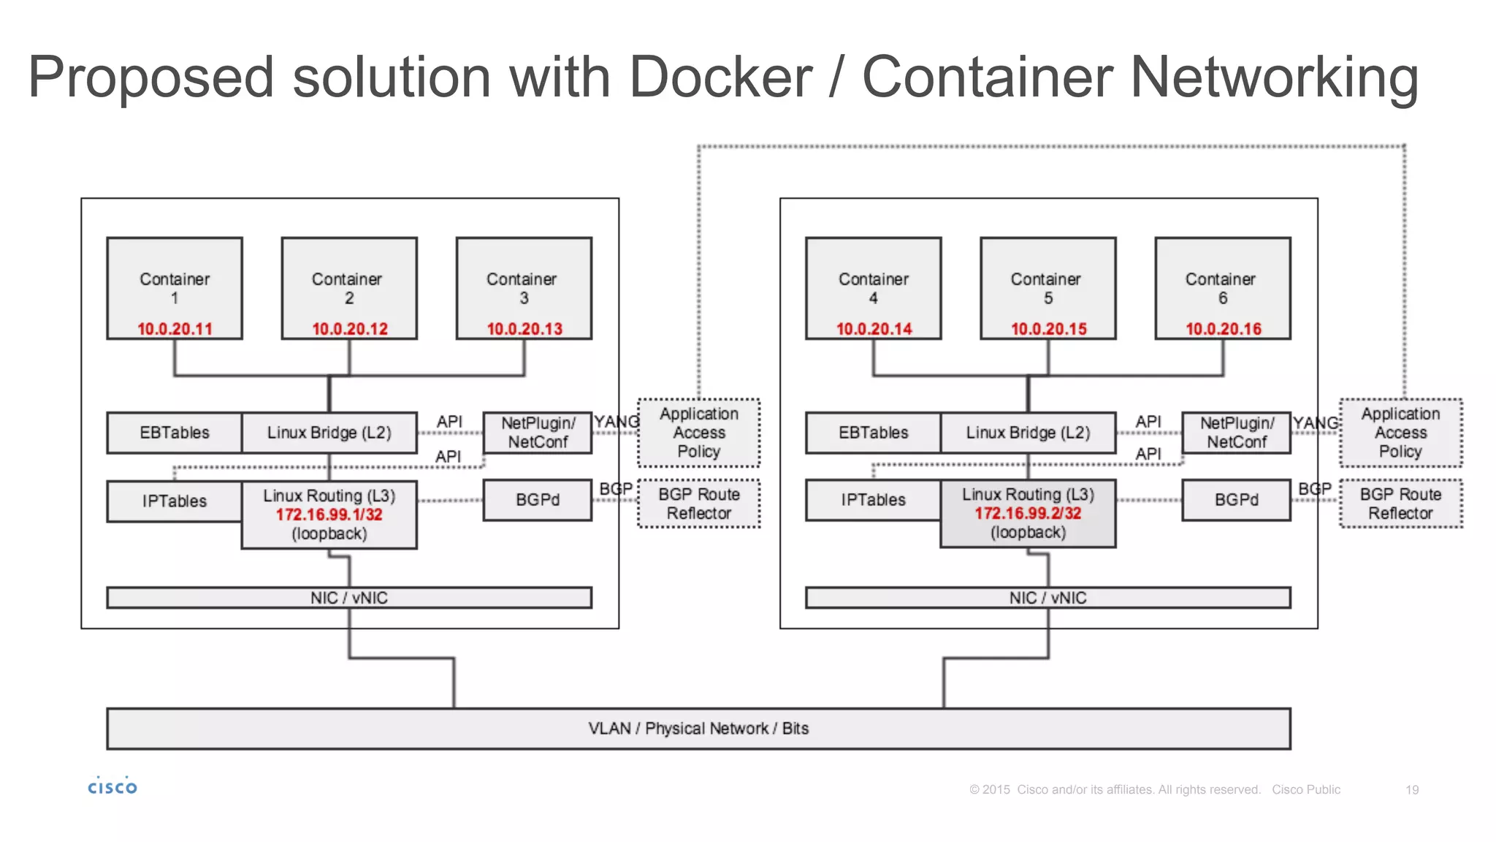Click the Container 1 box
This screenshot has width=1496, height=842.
[x=174, y=288]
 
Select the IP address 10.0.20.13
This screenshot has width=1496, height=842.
[x=524, y=329]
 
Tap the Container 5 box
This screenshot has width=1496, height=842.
[x=1047, y=288]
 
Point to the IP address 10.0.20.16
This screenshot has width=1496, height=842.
[x=1223, y=329]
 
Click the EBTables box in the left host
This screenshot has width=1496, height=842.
[x=174, y=433]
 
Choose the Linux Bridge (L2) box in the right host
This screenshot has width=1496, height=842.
[x=1028, y=433]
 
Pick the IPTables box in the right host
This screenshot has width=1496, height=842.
[x=873, y=500]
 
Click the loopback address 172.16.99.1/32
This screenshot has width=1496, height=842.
[x=329, y=515]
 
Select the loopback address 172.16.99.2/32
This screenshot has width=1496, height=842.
[x=1028, y=513]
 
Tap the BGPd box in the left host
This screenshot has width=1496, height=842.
[x=538, y=500]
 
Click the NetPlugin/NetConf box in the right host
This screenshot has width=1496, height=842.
[x=1236, y=433]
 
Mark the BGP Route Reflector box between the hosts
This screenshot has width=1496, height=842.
[x=699, y=504]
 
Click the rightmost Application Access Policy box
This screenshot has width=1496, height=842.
[x=1400, y=433]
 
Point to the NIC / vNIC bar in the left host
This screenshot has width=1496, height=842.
[x=349, y=598]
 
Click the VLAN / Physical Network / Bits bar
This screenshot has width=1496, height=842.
[x=698, y=729]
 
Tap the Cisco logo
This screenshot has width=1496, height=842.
[x=112, y=786]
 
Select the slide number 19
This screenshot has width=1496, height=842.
[x=1411, y=790]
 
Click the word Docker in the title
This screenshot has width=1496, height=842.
[x=720, y=77]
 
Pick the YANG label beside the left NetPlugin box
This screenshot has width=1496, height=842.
[x=616, y=422]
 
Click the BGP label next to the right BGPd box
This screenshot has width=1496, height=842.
[x=1314, y=488]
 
